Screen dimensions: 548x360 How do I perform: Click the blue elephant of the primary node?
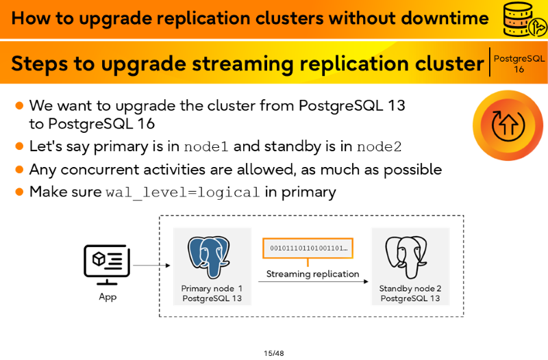209,257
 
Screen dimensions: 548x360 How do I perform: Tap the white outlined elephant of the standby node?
406,257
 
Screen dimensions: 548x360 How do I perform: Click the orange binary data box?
308,248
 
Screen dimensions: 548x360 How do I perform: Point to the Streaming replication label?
312,274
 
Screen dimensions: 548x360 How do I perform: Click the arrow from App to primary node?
151,266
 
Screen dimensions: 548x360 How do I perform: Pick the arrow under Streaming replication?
313,281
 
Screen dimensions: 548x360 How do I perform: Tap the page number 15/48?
273,353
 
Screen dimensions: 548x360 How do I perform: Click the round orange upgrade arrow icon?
508,125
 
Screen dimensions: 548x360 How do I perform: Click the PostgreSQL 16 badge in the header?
519,64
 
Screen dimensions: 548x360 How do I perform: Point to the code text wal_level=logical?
183,192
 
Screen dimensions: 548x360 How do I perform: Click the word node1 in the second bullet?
206,146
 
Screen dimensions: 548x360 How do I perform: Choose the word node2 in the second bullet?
379,146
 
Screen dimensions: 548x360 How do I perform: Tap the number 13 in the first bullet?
396,105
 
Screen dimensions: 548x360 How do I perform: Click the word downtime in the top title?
445,18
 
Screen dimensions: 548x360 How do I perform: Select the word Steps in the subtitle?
40,64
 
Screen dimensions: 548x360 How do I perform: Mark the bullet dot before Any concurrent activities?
19,170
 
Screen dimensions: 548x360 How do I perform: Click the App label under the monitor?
108,297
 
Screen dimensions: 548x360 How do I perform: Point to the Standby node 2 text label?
410,288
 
